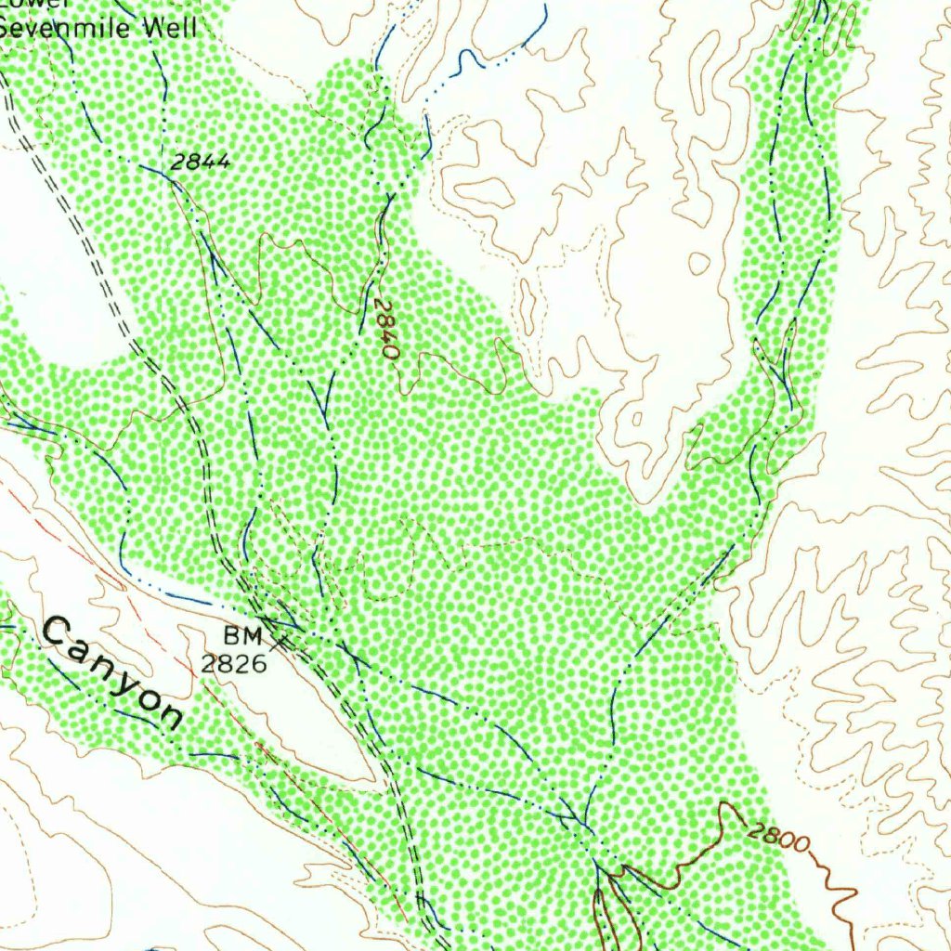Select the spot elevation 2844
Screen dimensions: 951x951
(201, 162)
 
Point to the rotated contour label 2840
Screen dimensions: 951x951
(387, 330)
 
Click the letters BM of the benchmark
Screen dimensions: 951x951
(243, 636)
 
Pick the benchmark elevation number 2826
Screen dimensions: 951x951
(234, 663)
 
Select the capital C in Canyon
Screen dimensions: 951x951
(58, 634)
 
